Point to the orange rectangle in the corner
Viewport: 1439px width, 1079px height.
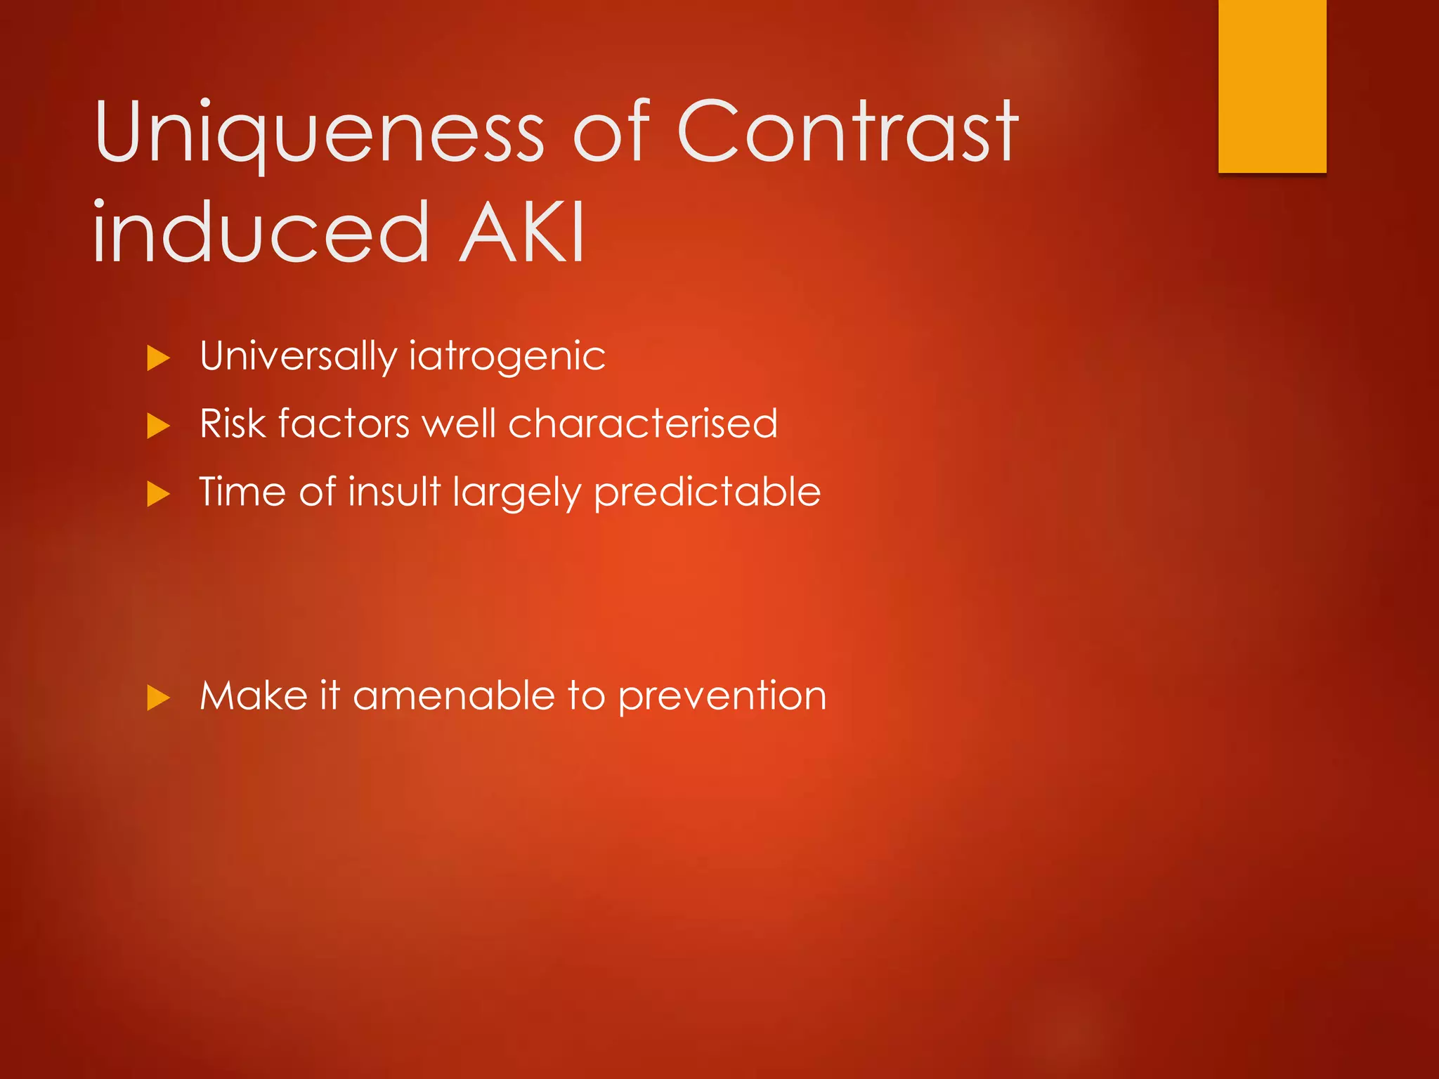click(x=1272, y=86)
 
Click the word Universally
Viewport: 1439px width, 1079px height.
click(x=298, y=356)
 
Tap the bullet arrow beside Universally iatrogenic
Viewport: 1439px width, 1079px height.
click(x=159, y=359)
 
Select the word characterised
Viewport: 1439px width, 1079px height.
click(x=642, y=424)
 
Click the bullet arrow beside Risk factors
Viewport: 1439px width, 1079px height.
click(x=159, y=426)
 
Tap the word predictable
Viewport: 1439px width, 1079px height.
click(x=707, y=492)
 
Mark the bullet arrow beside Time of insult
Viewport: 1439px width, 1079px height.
click(x=159, y=495)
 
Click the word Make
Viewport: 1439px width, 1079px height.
click(x=254, y=695)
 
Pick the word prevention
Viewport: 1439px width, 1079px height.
click(x=722, y=697)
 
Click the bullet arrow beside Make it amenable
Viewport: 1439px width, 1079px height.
click(x=159, y=698)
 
